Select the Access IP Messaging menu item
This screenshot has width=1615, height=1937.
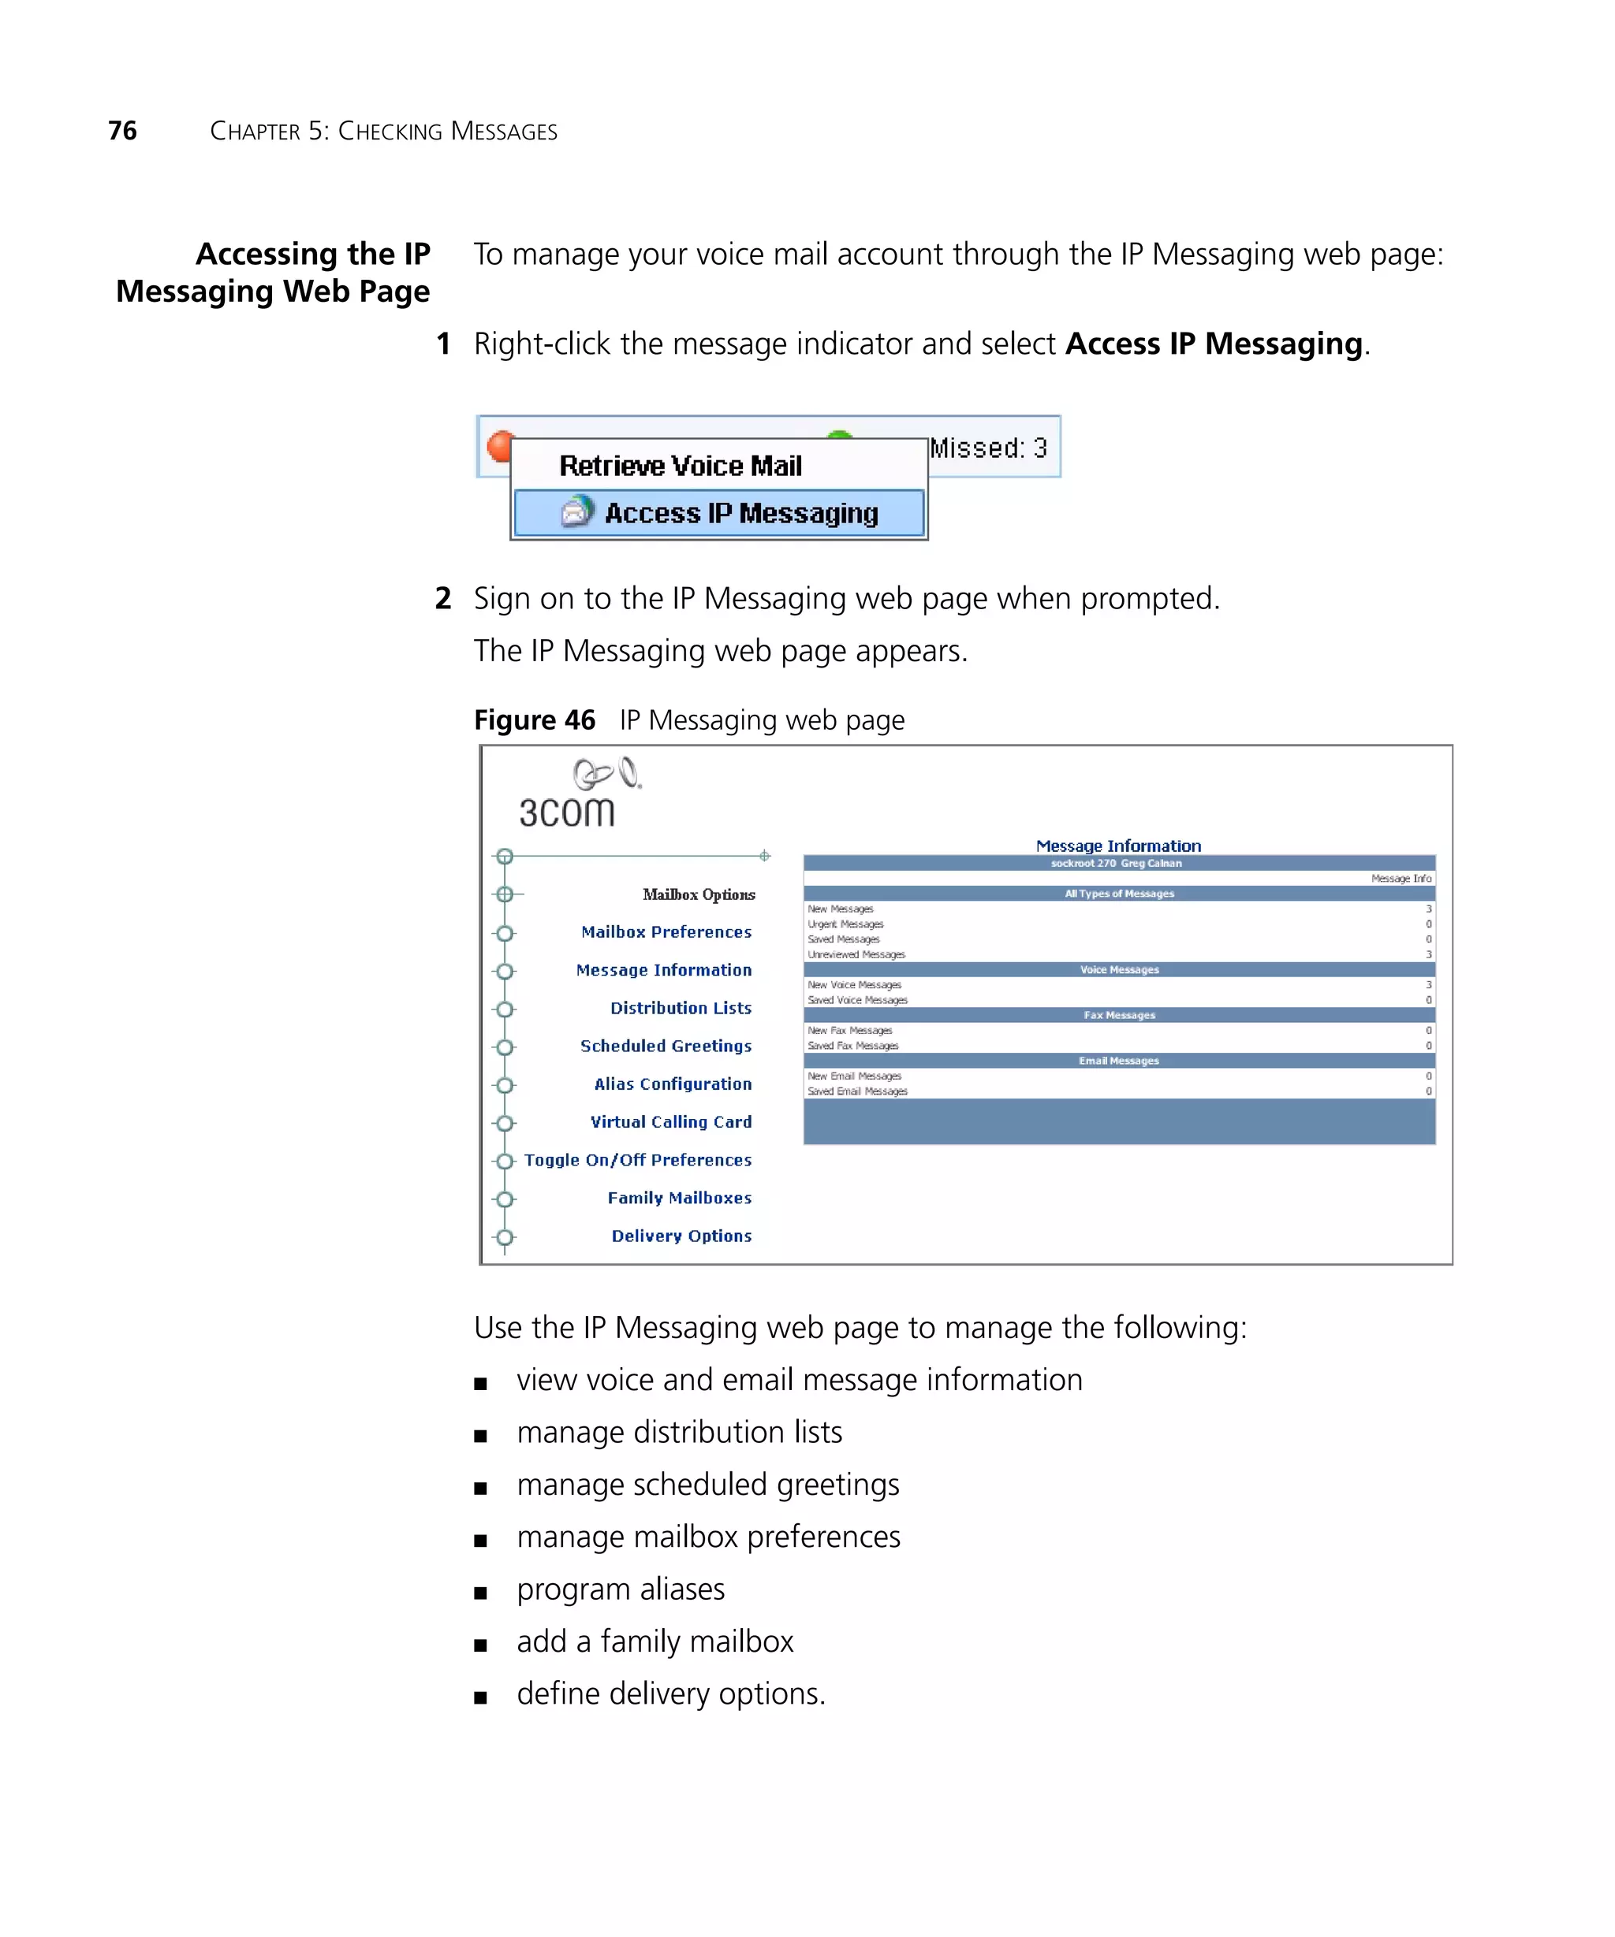pos(740,513)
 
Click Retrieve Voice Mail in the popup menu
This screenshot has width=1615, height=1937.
pos(681,466)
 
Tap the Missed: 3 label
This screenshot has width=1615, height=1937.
pos(987,448)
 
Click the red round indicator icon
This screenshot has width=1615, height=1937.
pos(499,445)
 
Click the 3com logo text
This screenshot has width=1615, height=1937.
pos(565,812)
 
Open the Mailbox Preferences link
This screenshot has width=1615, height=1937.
pos(666,931)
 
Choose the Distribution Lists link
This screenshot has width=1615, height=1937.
pos(681,1008)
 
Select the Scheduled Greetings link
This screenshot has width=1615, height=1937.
pos(666,1046)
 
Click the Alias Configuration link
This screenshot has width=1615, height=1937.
pos(673,1084)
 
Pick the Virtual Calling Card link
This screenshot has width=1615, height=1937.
pos(671,1121)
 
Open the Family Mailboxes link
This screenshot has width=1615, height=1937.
pos(679,1197)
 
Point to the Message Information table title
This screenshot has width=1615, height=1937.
pos(1117,846)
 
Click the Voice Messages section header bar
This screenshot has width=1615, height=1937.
pos(1118,969)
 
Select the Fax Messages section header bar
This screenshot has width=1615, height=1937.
pos(1118,1015)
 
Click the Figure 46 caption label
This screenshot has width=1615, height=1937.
pos(535,719)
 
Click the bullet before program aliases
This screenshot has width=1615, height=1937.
pos(480,1593)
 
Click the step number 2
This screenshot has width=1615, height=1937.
pos(443,599)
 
